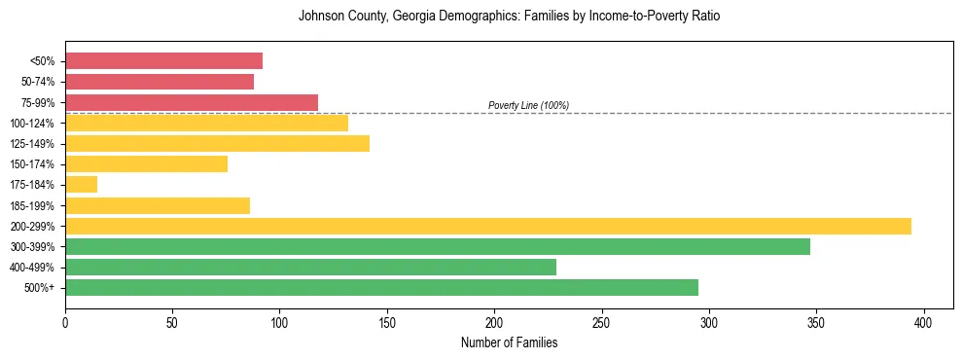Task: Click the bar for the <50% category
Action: pyautogui.click(x=163, y=61)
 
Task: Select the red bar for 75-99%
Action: pyautogui.click(x=192, y=102)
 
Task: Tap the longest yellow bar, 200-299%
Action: pyautogui.click(x=487, y=226)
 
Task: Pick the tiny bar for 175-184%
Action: pyautogui.click(x=81, y=184)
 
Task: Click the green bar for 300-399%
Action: pyautogui.click(x=437, y=246)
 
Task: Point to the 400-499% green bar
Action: pyautogui.click(x=310, y=267)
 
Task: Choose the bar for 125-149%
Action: pyautogui.click(x=217, y=143)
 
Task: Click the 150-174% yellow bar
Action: pyautogui.click(x=146, y=163)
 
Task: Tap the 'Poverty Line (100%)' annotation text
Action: pyautogui.click(x=528, y=105)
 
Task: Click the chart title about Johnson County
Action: pyautogui.click(x=509, y=17)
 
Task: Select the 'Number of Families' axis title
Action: pyautogui.click(x=509, y=342)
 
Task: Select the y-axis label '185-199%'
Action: pyautogui.click(x=35, y=205)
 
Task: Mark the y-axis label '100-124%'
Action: pyautogui.click(x=35, y=123)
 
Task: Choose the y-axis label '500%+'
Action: pyautogui.click(x=41, y=288)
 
